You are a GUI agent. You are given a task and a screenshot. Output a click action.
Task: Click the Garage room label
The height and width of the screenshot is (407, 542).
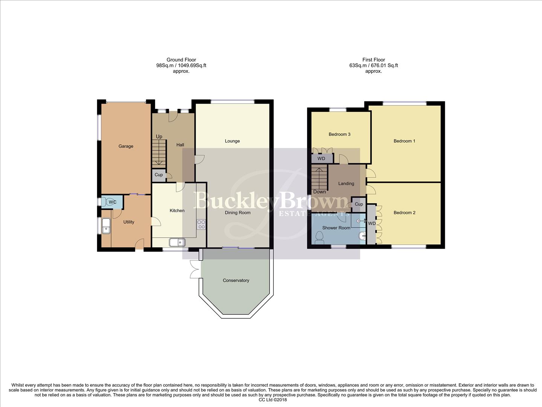click(126, 146)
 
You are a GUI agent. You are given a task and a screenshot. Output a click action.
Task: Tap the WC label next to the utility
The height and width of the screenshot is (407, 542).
click(113, 202)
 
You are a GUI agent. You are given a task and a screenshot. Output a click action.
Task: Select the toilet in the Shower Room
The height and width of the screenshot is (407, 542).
click(320, 237)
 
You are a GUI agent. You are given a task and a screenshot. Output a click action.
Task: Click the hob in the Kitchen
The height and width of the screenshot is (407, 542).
click(201, 224)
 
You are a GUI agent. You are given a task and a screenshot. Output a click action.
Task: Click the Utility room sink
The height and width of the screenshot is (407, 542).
click(106, 228)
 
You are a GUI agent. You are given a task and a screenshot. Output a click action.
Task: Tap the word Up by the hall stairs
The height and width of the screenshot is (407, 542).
click(159, 136)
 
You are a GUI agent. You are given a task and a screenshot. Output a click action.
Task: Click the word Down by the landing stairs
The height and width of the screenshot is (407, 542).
click(320, 192)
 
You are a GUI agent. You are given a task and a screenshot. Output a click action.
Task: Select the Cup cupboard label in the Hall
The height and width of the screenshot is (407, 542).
click(158, 175)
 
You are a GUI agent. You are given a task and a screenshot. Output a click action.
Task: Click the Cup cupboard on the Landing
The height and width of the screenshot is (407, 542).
click(359, 204)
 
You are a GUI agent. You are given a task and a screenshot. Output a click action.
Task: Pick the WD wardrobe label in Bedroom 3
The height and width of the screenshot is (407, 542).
click(321, 159)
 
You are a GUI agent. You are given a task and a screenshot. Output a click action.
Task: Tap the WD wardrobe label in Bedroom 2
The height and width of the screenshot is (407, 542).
click(372, 223)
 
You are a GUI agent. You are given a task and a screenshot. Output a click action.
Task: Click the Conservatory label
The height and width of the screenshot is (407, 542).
click(236, 280)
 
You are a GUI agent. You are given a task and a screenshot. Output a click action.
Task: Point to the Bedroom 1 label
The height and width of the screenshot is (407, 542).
click(404, 141)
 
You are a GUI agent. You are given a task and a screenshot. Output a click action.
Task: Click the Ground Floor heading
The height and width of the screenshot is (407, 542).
click(181, 60)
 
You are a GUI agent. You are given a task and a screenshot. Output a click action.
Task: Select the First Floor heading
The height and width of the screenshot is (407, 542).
click(373, 60)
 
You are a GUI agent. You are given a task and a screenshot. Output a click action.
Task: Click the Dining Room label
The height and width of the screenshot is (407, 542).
click(238, 213)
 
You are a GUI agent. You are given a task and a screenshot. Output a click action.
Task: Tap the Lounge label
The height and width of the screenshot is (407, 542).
click(232, 141)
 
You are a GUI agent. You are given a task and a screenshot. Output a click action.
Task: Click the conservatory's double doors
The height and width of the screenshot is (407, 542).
click(194, 269)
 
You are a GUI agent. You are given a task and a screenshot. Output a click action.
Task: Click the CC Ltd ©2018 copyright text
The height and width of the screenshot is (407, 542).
click(273, 400)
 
